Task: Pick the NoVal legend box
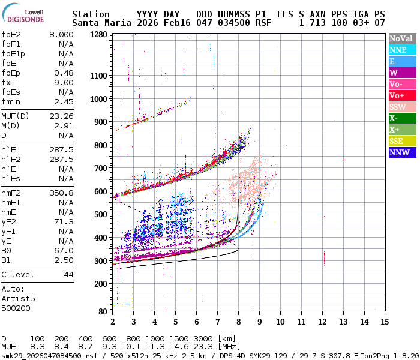(x=401, y=38)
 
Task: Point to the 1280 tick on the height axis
(x=98, y=35)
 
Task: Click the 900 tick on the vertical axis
(x=101, y=122)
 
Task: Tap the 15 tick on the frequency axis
(x=385, y=322)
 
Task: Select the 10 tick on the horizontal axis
(x=280, y=322)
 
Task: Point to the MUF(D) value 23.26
(x=61, y=116)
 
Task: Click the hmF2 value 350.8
(x=61, y=193)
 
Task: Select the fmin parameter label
(x=11, y=102)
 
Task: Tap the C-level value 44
(x=68, y=275)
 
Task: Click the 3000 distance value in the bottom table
(x=203, y=339)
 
